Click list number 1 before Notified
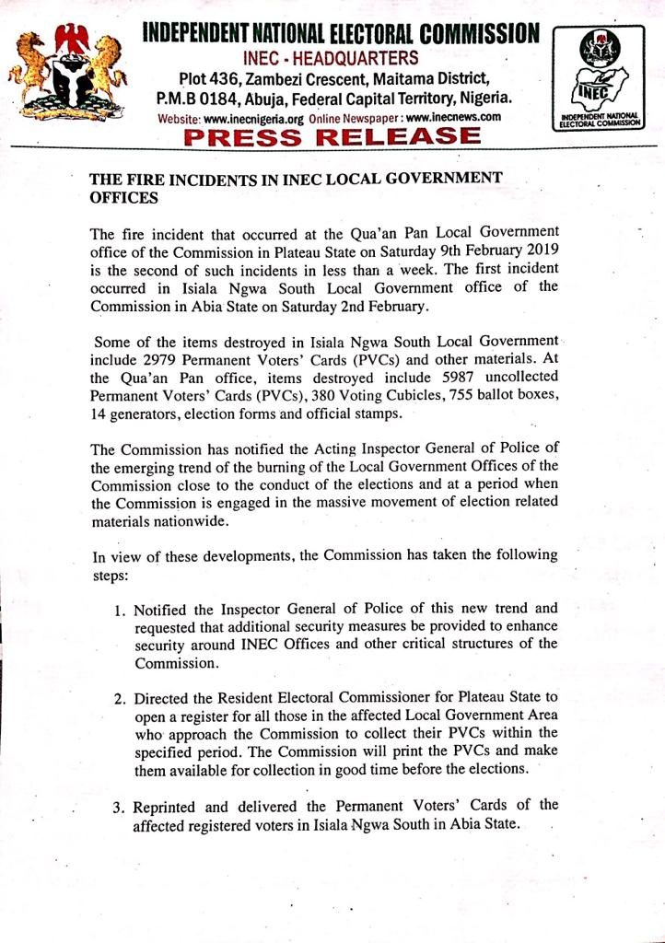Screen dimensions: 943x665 click(x=121, y=610)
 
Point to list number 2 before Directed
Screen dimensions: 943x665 click(x=120, y=698)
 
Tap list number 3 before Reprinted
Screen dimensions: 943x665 click(x=120, y=808)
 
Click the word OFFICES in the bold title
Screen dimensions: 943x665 click(x=122, y=197)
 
